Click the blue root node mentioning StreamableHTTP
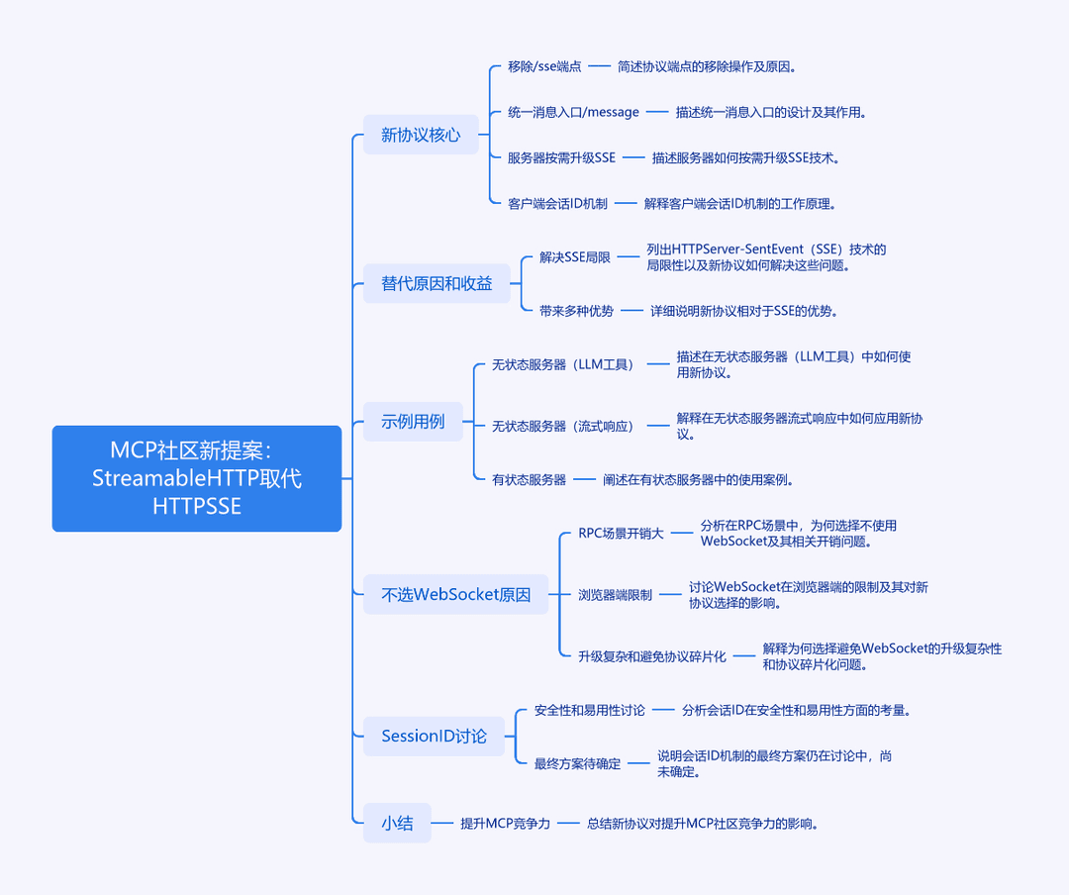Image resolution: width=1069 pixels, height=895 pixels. tap(196, 478)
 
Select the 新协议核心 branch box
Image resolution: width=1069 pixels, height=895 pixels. tap(421, 135)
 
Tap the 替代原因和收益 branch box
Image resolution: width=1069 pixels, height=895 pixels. tap(437, 283)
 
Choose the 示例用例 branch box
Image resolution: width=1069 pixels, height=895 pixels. tap(413, 421)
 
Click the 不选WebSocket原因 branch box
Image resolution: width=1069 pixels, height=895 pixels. tap(455, 594)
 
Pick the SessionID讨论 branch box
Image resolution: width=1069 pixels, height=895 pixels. tap(434, 736)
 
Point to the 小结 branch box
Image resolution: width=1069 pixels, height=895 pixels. tap(397, 823)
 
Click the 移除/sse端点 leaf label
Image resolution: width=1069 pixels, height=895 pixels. tap(544, 66)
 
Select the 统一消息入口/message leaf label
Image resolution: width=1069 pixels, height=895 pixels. tap(573, 112)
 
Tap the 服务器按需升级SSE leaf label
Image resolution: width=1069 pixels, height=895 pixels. tap(561, 157)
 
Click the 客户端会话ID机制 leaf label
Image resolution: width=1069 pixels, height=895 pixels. tap(557, 203)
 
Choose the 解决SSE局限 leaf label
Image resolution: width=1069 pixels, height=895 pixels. tap(575, 257)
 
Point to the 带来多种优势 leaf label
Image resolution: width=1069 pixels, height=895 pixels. tap(576, 311)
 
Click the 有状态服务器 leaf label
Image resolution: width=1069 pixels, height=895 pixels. tap(529, 479)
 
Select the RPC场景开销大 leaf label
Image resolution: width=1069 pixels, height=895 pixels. tap(621, 533)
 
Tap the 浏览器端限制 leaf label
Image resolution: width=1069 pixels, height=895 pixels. tap(615, 595)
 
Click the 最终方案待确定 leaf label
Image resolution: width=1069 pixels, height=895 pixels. tap(577, 763)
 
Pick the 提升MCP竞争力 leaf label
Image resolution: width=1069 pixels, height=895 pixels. tap(505, 824)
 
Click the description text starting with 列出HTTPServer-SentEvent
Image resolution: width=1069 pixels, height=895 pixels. tap(766, 257)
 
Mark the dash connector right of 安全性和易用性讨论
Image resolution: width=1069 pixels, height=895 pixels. tap(663, 710)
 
